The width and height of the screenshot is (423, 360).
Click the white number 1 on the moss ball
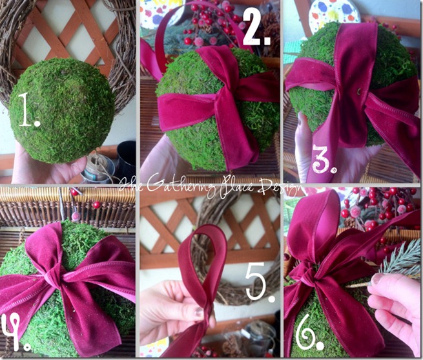coord(28,110)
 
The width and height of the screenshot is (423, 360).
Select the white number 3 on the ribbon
coord(324,159)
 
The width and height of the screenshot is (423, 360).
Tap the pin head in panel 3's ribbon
coord(358,92)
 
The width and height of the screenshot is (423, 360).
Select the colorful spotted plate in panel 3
coord(335,13)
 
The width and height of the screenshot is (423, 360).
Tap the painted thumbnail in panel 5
coord(199,312)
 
